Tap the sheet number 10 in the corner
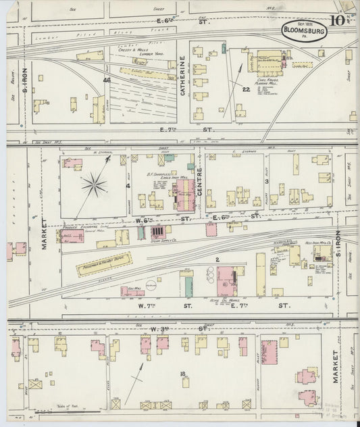[340, 20]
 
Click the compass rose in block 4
[95, 185]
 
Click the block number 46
[106, 80]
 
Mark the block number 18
[182, 374]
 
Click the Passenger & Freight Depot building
[104, 264]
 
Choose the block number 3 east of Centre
[267, 181]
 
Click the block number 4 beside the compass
[127, 184]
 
